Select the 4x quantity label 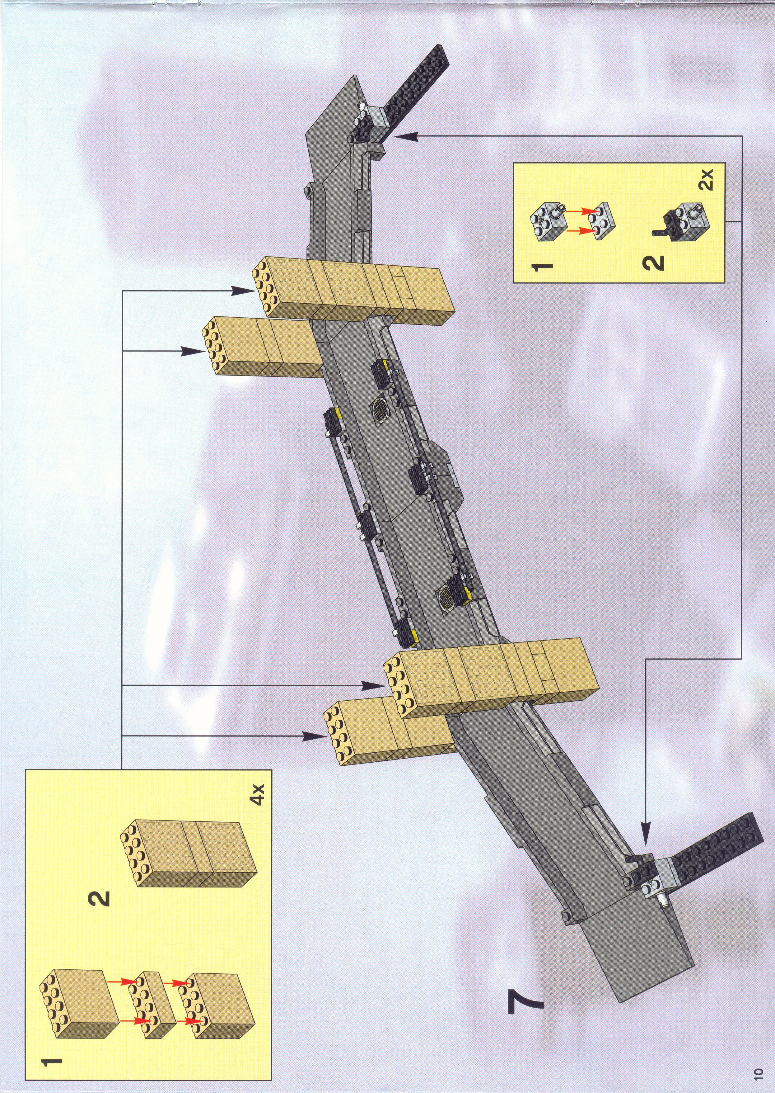click(257, 794)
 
